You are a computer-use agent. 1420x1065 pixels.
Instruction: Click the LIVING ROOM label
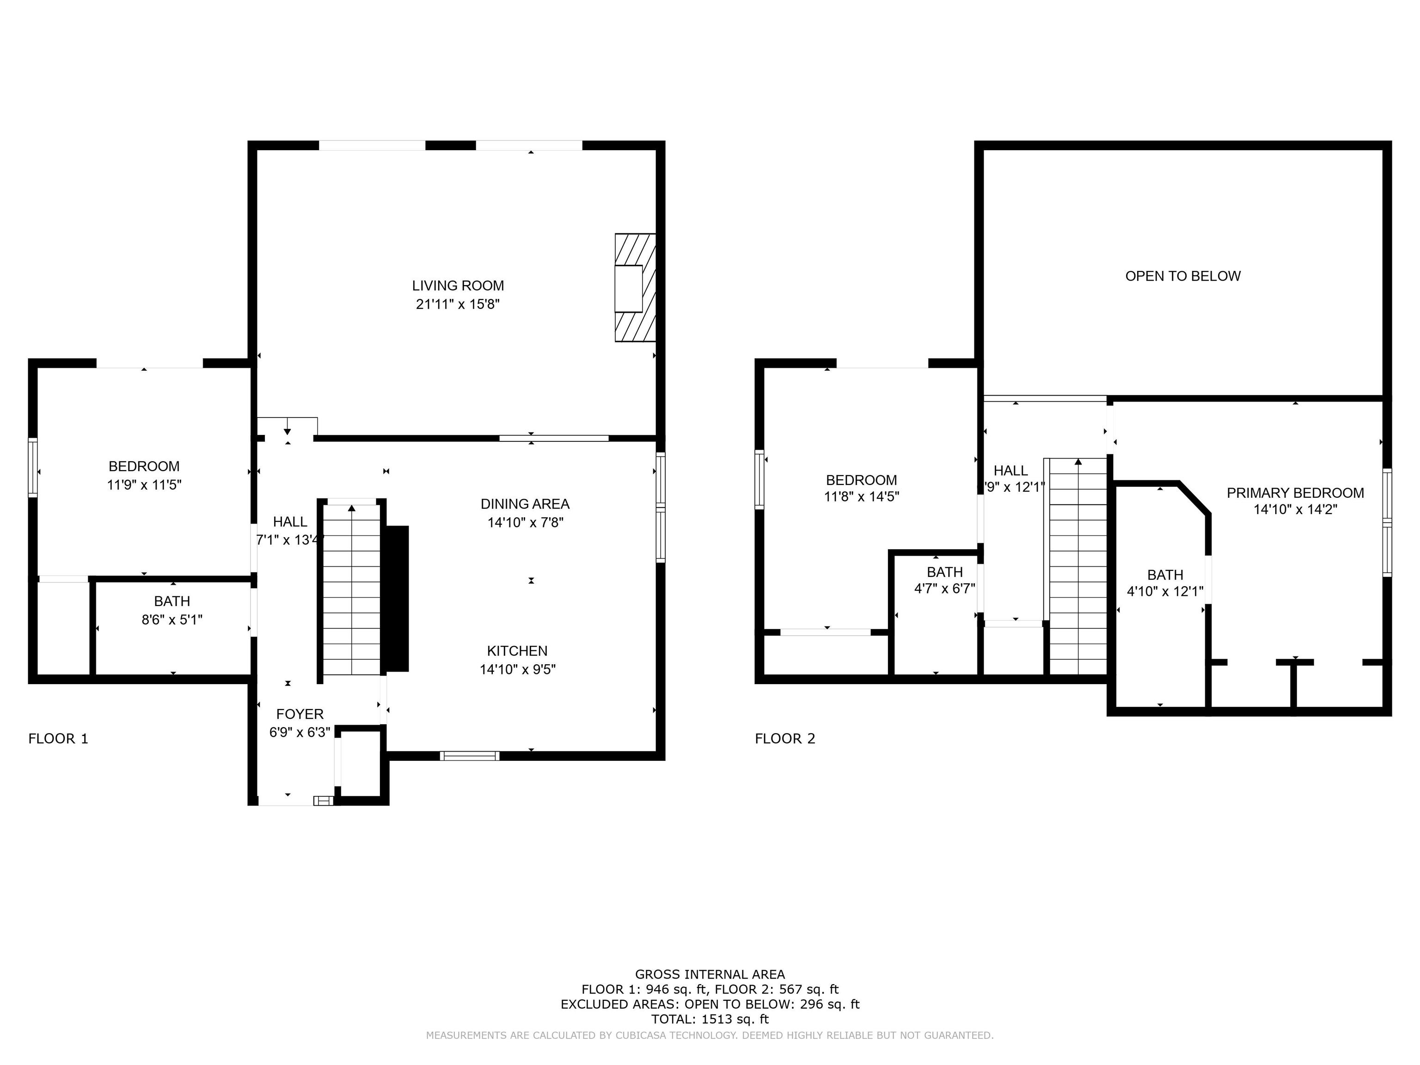[x=458, y=286]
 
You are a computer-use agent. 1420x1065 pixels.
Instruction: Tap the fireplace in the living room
[x=635, y=288]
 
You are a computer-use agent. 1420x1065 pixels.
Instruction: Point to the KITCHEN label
[x=517, y=651]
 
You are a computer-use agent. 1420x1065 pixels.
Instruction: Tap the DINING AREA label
[x=525, y=504]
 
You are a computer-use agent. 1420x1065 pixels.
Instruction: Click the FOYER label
[x=300, y=714]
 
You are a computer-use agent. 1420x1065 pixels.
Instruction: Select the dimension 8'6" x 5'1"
[x=172, y=619]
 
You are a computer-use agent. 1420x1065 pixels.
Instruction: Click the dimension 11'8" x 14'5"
[x=862, y=496]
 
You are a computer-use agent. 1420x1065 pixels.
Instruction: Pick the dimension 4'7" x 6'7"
[x=944, y=588]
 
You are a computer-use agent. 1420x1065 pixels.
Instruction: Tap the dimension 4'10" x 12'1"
[x=1165, y=591]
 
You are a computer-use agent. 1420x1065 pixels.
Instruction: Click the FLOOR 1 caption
[x=58, y=739]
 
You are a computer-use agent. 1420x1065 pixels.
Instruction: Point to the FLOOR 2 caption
[x=785, y=739]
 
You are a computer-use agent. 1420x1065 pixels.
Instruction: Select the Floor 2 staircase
[x=1078, y=566]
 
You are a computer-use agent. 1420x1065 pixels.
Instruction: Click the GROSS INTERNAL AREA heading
[x=710, y=974]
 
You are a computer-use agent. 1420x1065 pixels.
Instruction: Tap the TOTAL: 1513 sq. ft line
[x=710, y=1019]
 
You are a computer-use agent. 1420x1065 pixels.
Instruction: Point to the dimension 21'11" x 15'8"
[x=458, y=304]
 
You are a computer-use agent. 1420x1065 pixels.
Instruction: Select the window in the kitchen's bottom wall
[x=470, y=756]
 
